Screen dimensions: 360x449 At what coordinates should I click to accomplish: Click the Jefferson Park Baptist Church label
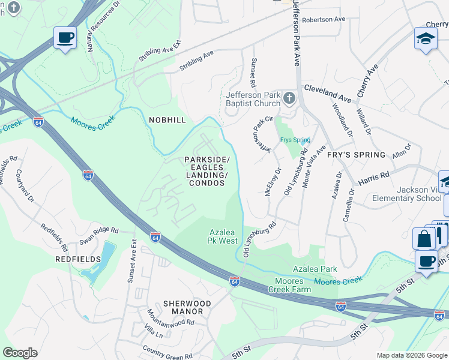pos(253,99)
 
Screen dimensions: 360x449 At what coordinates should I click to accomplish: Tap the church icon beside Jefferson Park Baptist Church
pos(289,98)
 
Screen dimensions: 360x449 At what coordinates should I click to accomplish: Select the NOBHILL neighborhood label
pos(167,120)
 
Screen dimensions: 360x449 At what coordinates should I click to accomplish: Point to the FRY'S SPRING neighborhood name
pos(356,155)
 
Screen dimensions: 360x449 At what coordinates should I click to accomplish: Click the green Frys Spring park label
pos(295,140)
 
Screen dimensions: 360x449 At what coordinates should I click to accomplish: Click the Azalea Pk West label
pos(223,236)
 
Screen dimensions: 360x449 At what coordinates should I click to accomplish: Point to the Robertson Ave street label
pos(324,19)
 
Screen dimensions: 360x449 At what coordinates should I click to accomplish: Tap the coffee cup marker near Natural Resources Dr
pos(65,38)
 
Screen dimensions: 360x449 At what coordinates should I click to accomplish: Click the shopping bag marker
pos(424,239)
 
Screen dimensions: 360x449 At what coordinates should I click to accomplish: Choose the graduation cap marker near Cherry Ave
pos(426,40)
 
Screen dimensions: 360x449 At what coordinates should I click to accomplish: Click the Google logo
pos(20,353)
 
